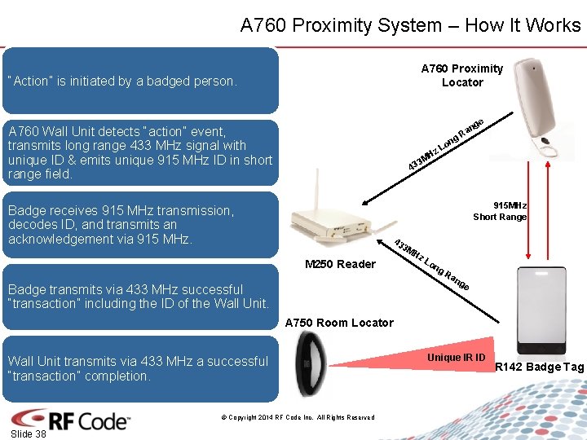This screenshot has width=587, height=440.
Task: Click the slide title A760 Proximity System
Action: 410,25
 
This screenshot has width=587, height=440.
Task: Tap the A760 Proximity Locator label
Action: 461,75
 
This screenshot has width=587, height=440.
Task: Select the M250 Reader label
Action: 340,264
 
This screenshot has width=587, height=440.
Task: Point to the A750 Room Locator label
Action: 339,323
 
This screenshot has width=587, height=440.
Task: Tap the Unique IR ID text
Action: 457,358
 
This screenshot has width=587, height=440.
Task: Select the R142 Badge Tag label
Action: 540,367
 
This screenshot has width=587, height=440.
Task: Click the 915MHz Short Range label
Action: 500,211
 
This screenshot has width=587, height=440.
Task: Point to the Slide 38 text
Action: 29,434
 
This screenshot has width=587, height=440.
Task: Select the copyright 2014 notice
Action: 298,417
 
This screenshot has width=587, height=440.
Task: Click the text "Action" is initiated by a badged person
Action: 121,81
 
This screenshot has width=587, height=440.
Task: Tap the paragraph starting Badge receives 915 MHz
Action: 121,225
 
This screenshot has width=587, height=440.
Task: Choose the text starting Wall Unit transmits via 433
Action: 137,368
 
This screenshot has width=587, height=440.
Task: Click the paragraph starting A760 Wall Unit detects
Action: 139,152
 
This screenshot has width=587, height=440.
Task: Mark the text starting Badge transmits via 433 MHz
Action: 138,297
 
